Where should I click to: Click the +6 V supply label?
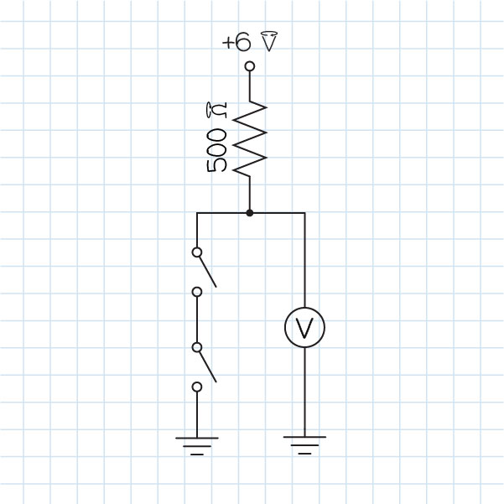coord(249,42)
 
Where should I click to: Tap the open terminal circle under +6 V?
coord(249,65)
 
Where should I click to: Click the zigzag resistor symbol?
coord(249,138)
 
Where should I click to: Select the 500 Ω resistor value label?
coord(216,138)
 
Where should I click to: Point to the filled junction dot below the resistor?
coord(249,213)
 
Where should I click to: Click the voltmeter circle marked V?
coord(304,328)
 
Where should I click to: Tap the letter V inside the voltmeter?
coord(304,328)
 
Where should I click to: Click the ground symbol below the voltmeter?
coord(304,442)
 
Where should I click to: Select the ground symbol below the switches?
coord(197,443)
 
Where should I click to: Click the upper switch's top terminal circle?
coord(197,252)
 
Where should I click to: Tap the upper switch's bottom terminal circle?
coord(197,292)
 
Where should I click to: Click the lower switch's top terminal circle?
coord(197,346)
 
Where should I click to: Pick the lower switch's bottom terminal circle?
coord(197,387)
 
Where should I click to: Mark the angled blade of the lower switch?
coord(207,365)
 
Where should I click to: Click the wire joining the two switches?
coord(197,320)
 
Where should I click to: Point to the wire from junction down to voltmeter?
coord(304,260)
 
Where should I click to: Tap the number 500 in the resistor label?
coord(216,151)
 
